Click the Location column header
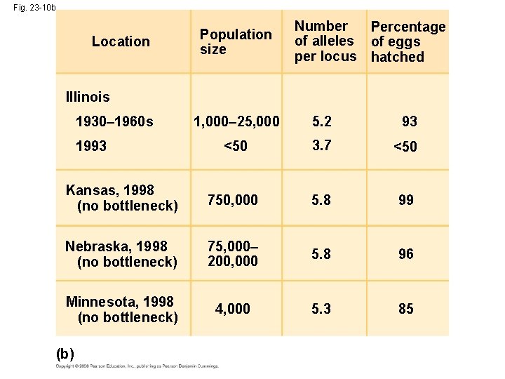[x=121, y=41]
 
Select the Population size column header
[x=235, y=41]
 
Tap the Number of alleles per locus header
[x=325, y=41]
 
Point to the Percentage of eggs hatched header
[x=408, y=41]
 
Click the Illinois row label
[x=87, y=95]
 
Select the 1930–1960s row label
[x=114, y=121]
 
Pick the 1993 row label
[x=90, y=147]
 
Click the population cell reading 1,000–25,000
[x=236, y=121]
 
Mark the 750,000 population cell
[x=233, y=200]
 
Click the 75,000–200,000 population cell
[x=233, y=253]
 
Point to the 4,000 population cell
[x=233, y=309]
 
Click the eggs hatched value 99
[x=406, y=200]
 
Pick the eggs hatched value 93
[x=410, y=121]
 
